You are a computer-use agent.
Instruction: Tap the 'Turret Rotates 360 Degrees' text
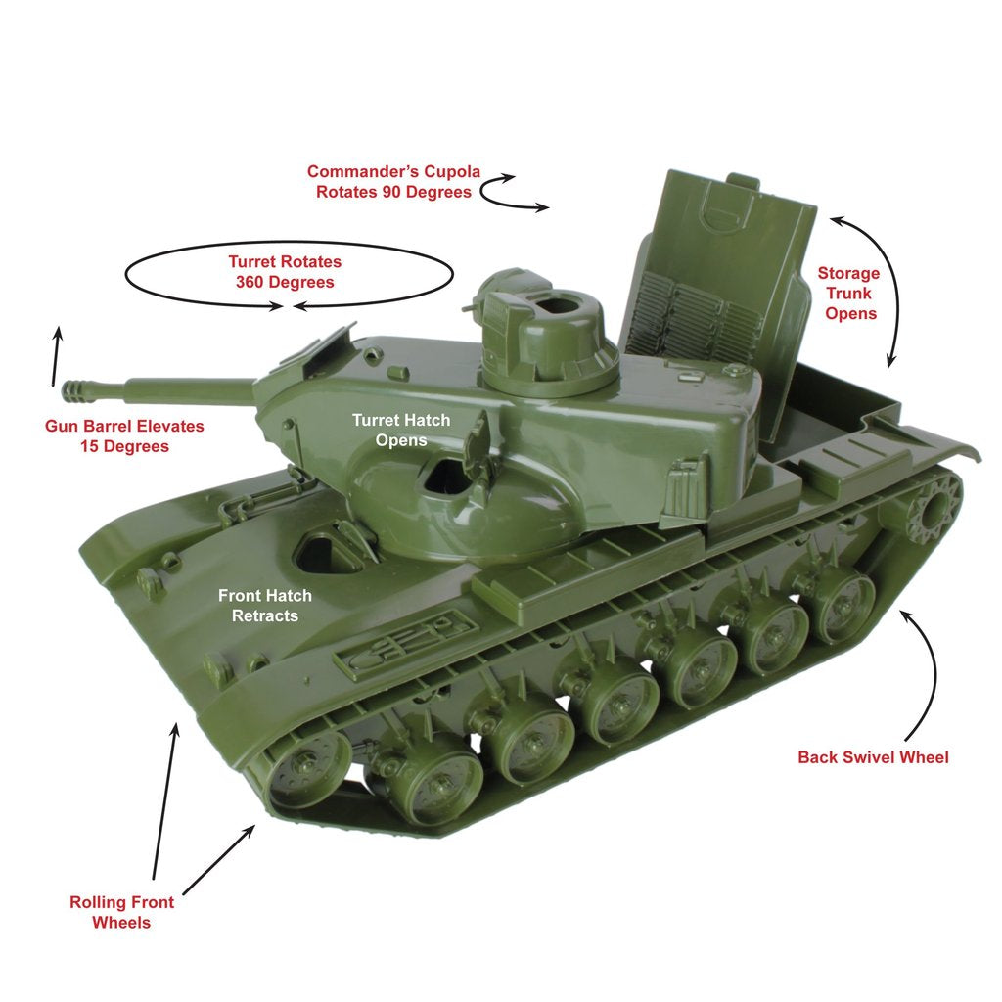coord(285,272)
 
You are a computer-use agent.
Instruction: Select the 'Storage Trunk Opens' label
coord(849,293)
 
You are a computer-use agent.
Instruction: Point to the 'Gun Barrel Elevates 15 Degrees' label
coord(124,436)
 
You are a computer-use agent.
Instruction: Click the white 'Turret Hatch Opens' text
coord(401,430)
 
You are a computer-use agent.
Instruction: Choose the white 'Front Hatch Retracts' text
coord(265,606)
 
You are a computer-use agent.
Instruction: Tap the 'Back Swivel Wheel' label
coord(873,757)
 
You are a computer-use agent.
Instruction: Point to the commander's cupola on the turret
coord(543,333)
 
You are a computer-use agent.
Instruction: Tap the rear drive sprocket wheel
coord(931,506)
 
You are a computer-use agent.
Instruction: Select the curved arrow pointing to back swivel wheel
coord(930,675)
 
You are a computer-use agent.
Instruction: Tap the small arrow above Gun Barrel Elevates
coord(56,357)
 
